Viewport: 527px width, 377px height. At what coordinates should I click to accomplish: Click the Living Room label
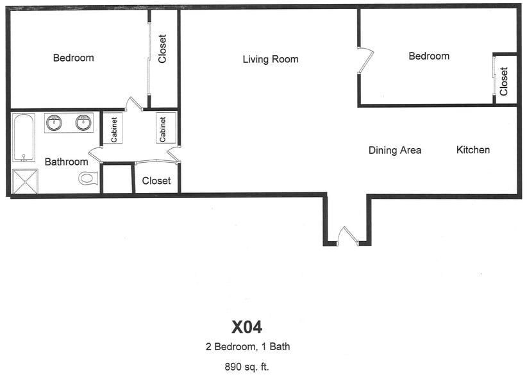tap(271, 60)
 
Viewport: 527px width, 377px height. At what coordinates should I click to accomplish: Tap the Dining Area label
tap(395, 151)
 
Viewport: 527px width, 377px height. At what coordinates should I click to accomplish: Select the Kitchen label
tap(473, 150)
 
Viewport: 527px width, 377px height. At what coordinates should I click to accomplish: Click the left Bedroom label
tap(73, 58)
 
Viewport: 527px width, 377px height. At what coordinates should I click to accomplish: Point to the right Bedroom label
tap(429, 56)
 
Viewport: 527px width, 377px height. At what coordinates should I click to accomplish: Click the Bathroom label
tap(66, 162)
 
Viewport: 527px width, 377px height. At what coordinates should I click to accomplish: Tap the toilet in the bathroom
tap(88, 178)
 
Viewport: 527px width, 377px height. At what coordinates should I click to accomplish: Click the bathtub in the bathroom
tap(24, 137)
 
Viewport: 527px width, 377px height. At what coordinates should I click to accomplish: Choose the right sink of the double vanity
tap(83, 122)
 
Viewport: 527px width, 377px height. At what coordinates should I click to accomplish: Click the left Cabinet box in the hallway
tap(113, 128)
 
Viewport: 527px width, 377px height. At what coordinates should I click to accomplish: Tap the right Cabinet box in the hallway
tap(163, 128)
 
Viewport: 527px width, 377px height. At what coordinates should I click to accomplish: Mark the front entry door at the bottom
tap(346, 236)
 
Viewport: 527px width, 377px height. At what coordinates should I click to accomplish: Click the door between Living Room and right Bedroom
tap(364, 60)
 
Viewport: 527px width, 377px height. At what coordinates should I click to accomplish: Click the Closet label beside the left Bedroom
tap(162, 49)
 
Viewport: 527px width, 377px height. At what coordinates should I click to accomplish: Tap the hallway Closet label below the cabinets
tap(156, 181)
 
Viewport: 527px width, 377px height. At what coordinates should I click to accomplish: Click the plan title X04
tap(247, 327)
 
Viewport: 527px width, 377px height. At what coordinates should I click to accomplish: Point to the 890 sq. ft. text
tap(247, 367)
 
